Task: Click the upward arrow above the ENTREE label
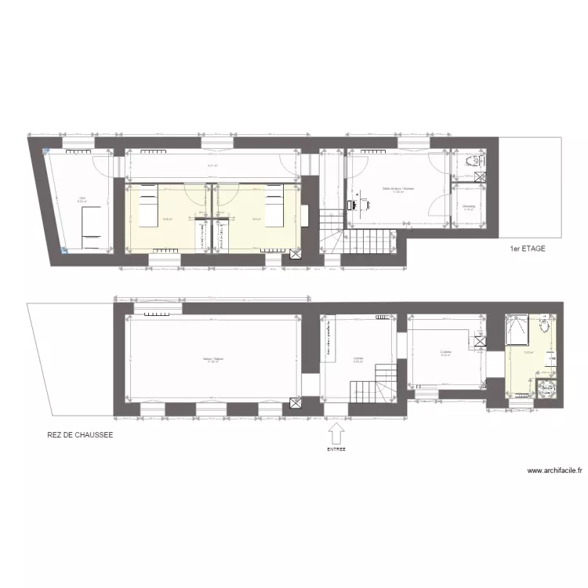336,433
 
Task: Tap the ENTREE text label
336,450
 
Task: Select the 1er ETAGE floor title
527,249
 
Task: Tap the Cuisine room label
445,353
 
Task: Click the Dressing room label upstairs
469,207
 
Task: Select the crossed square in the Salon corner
296,403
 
